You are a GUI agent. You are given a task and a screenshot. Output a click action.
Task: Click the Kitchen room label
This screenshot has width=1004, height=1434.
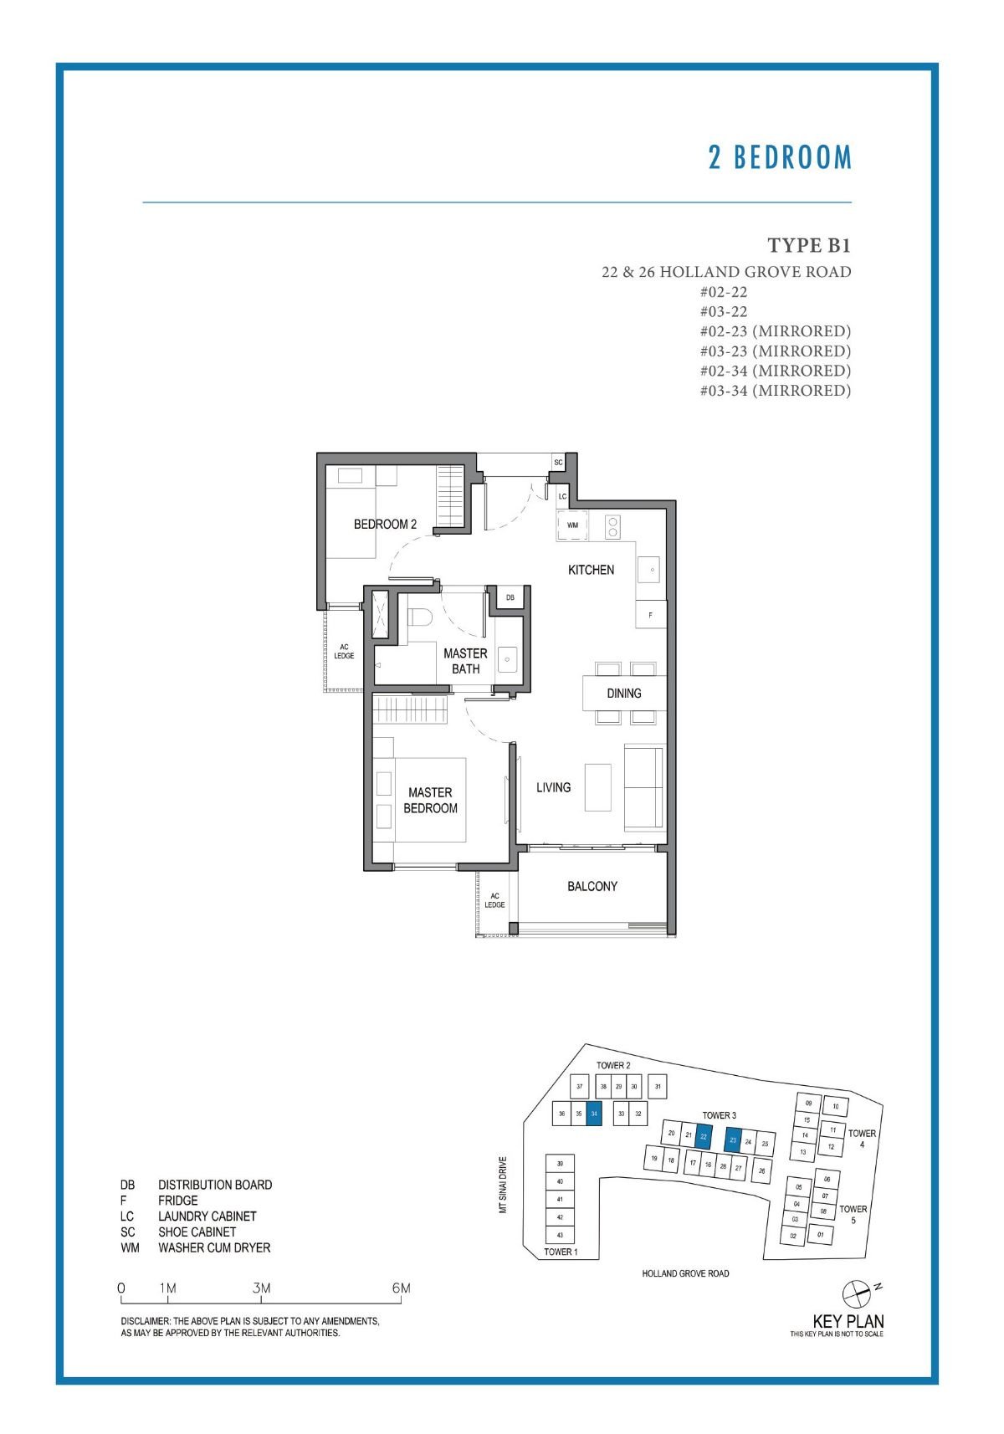(591, 570)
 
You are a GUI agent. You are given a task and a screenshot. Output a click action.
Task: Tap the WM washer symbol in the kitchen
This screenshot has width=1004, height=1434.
(573, 525)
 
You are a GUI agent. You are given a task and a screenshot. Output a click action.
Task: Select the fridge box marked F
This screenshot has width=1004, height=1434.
(650, 615)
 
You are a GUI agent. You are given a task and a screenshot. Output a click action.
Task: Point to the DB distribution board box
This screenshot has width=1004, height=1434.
(510, 597)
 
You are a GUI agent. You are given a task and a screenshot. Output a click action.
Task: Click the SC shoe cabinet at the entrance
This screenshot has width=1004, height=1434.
(558, 463)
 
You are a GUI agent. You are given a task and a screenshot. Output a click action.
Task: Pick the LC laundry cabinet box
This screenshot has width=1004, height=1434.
(562, 496)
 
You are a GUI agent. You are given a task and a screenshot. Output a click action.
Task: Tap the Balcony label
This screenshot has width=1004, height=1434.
(592, 886)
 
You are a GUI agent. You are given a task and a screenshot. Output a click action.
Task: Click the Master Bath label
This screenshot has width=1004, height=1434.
(465, 660)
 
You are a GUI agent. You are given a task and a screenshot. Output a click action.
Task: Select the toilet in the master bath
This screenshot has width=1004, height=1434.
(419, 617)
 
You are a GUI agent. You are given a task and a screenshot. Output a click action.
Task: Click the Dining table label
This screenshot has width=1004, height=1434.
(624, 693)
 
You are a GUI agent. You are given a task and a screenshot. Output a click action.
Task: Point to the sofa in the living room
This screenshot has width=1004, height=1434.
(644, 787)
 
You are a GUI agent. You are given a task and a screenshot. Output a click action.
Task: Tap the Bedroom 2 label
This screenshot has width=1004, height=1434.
(385, 524)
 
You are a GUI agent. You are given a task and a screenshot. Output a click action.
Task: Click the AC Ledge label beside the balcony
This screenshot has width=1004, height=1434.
(494, 900)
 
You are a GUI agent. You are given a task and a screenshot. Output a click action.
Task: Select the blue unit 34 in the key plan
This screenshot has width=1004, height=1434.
(594, 1114)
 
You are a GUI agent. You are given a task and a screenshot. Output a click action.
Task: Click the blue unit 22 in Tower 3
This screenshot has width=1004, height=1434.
(704, 1136)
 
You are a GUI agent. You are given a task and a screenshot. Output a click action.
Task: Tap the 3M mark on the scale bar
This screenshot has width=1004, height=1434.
(261, 1288)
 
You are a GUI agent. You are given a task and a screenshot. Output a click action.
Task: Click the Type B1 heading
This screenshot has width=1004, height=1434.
(808, 245)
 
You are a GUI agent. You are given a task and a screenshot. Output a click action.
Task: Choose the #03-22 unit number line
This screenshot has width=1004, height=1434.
(723, 311)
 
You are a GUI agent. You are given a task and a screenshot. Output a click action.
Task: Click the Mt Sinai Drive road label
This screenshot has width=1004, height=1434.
(503, 1185)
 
